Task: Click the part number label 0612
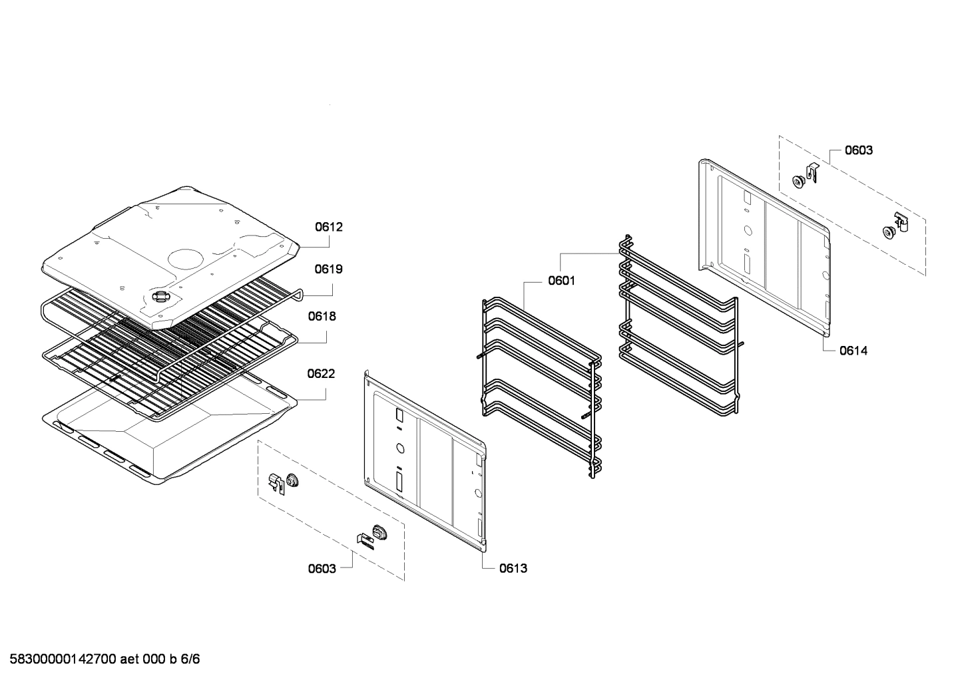[x=329, y=227]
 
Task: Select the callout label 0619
[x=329, y=269]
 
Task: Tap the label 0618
[x=322, y=317]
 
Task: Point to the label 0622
[x=321, y=374]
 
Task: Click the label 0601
[x=561, y=281]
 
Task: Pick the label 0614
[x=853, y=351]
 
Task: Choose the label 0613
[x=513, y=568]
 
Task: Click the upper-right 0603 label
[x=859, y=150]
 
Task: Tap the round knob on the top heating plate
[x=162, y=297]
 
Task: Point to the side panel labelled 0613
[x=426, y=466]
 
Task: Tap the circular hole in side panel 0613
[x=399, y=448]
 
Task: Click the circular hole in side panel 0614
[x=747, y=232]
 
